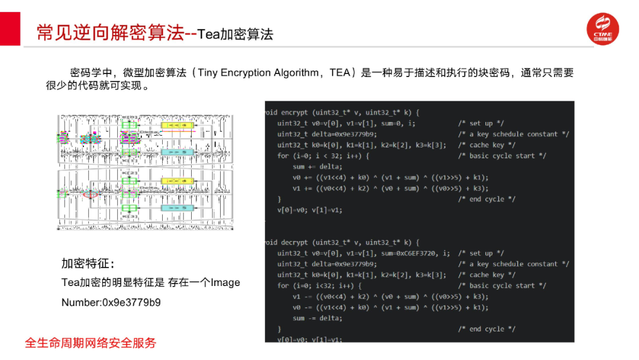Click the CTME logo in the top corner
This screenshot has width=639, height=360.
(x=602, y=30)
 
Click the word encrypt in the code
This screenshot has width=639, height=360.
(x=295, y=112)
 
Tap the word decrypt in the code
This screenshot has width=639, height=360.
(x=295, y=242)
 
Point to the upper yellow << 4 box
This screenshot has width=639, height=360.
(x=177, y=126)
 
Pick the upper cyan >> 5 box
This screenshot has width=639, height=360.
(x=177, y=152)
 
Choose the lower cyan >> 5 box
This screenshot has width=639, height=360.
(x=177, y=208)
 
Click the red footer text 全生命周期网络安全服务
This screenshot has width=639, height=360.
(x=91, y=343)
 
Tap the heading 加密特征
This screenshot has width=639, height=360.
(x=88, y=263)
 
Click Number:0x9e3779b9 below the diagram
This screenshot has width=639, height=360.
(x=111, y=303)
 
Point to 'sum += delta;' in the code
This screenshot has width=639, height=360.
(x=317, y=166)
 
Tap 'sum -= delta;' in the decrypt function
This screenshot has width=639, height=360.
(x=317, y=318)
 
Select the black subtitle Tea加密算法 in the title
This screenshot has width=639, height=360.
(x=235, y=34)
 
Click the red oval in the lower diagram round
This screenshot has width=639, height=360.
(x=91, y=194)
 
